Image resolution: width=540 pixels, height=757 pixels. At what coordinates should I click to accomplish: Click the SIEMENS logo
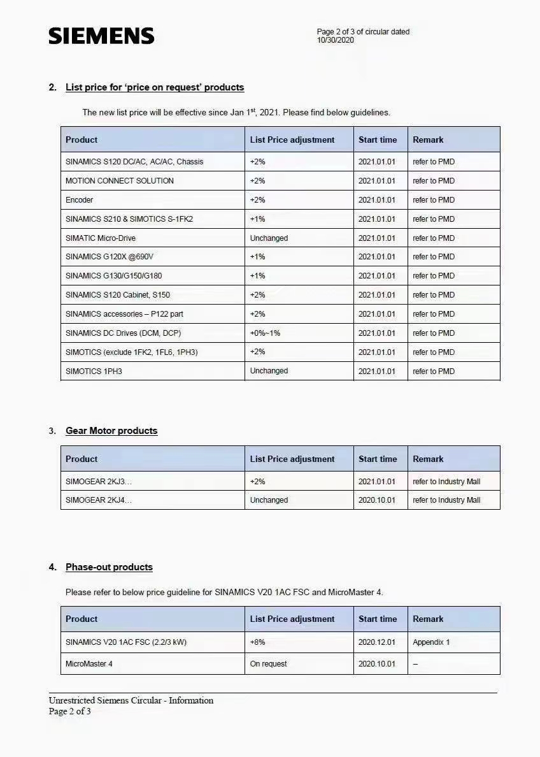click(x=101, y=36)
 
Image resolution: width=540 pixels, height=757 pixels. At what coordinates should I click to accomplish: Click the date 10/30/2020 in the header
click(x=336, y=40)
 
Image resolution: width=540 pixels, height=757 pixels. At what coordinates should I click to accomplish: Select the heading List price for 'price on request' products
click(x=155, y=87)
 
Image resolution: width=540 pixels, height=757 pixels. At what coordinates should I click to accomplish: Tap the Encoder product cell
click(x=80, y=200)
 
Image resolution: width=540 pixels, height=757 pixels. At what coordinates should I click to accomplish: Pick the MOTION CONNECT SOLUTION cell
click(x=120, y=181)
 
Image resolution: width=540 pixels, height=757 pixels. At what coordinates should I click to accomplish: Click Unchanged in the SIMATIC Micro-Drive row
click(x=269, y=238)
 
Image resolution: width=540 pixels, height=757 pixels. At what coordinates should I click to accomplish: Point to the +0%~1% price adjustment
click(x=265, y=333)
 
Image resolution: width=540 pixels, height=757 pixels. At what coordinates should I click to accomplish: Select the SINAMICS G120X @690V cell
click(x=110, y=257)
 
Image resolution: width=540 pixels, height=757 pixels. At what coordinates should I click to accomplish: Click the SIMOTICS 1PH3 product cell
click(x=94, y=371)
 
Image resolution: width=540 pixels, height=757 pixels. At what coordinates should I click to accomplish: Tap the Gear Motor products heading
click(x=111, y=431)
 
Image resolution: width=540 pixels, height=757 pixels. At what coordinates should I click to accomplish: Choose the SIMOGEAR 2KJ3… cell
click(x=99, y=482)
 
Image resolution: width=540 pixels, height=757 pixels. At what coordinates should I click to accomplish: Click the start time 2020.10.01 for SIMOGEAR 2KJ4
click(x=377, y=500)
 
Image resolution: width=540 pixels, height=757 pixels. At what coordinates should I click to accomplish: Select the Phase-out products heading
click(x=109, y=567)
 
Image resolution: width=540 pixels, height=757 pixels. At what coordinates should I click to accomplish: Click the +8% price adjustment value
click(x=258, y=642)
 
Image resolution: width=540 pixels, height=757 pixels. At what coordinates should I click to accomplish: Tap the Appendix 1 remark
click(x=431, y=642)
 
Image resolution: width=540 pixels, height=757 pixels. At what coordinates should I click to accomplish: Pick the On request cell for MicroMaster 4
click(x=268, y=664)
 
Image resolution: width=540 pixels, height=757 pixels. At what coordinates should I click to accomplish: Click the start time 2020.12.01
click(x=377, y=642)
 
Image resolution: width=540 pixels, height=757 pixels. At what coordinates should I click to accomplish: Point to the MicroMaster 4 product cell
click(x=89, y=664)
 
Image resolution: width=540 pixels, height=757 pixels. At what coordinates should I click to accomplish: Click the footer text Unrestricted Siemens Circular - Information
click(x=131, y=700)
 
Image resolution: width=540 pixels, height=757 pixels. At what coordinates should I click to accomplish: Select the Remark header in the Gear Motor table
click(x=428, y=459)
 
